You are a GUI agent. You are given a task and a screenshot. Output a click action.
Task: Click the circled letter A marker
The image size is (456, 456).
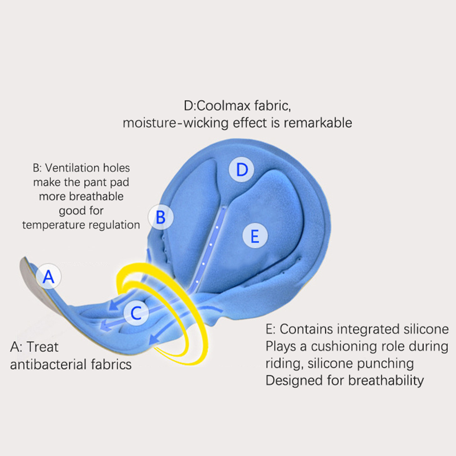pos(48,276)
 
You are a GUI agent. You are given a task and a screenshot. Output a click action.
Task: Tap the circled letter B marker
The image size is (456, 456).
pos(160,217)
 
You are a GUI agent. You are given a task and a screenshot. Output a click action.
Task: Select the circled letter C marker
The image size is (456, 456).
pos(136,313)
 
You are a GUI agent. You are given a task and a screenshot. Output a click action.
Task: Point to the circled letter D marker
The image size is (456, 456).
pos(242,170)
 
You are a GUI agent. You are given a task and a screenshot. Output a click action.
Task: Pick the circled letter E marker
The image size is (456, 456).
pos(254,236)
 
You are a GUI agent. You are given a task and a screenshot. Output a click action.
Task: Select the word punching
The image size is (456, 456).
pos(387,363)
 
